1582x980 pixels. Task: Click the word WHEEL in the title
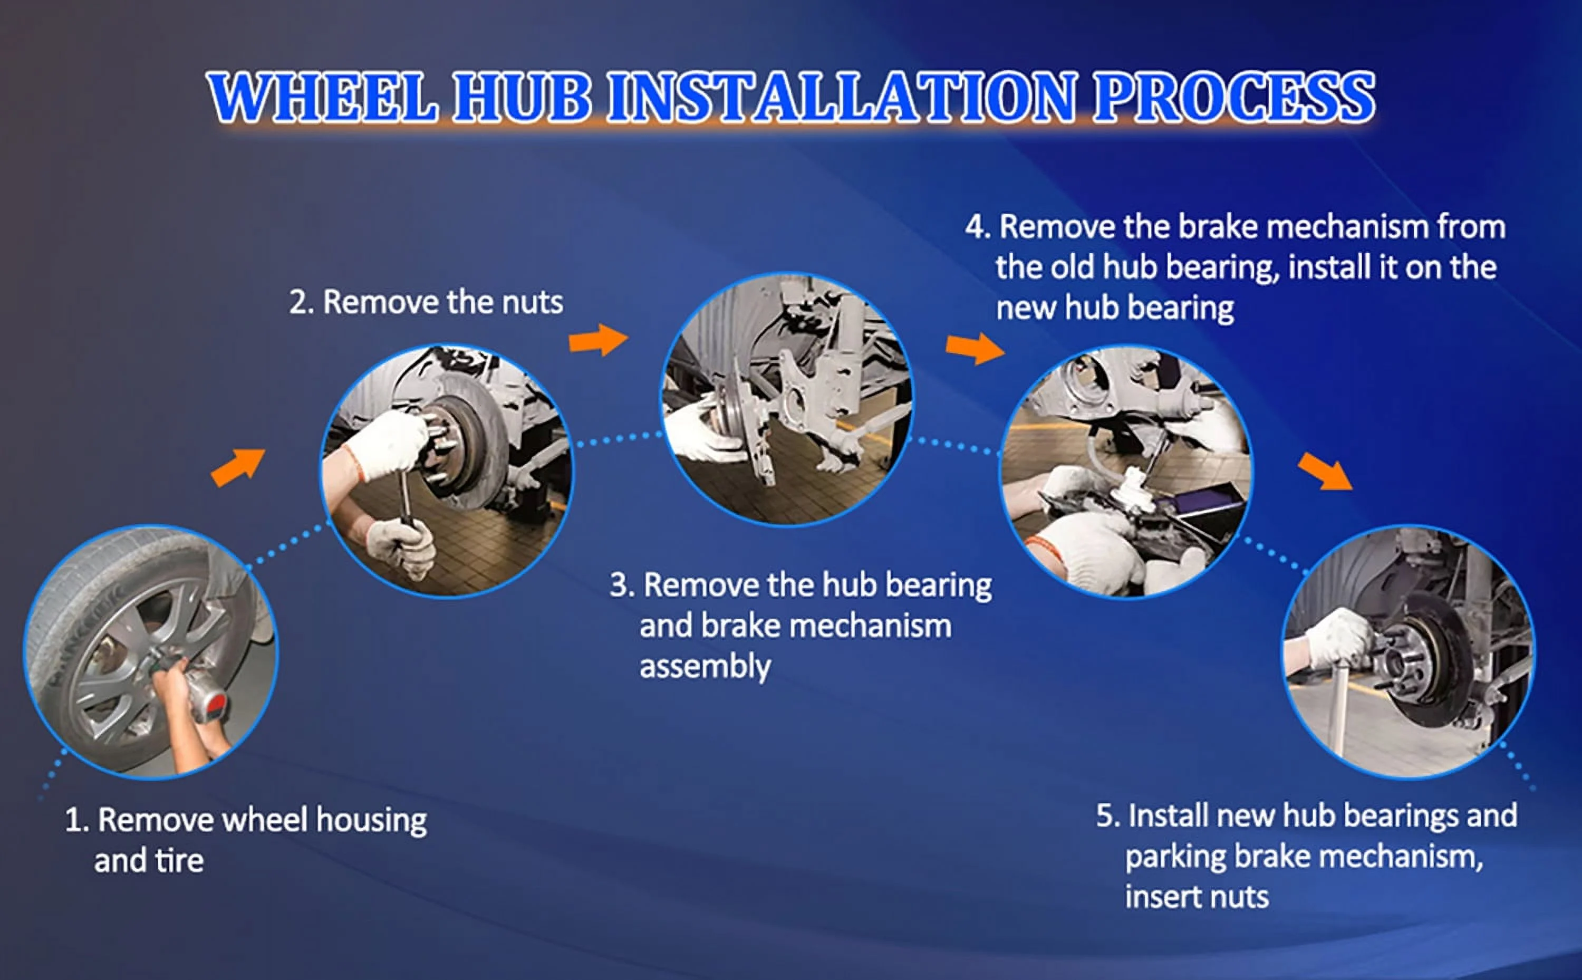pyautogui.click(x=322, y=97)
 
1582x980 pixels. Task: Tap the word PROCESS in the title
pyautogui.click(x=1234, y=97)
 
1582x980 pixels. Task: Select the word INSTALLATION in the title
pyautogui.click(x=842, y=97)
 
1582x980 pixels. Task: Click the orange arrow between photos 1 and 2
pyautogui.click(x=238, y=467)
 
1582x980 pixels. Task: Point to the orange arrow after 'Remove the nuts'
pyautogui.click(x=598, y=340)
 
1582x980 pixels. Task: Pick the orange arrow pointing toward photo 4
pyautogui.click(x=975, y=349)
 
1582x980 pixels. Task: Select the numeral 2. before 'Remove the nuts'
pyautogui.click(x=301, y=303)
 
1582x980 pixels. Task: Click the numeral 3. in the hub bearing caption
pyautogui.click(x=622, y=585)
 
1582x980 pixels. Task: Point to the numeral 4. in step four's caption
pyautogui.click(x=978, y=227)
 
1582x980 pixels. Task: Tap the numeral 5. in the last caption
pyautogui.click(x=1108, y=816)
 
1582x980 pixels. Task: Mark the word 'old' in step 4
pyautogui.click(x=1073, y=267)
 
